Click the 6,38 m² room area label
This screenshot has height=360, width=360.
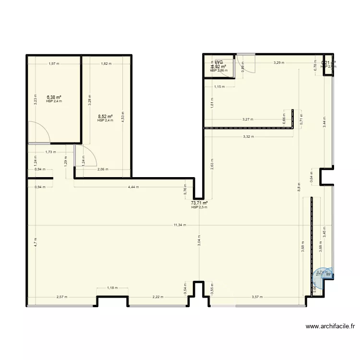point(54,97)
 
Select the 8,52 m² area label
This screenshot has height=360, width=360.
point(105,117)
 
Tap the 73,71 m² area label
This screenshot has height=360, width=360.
point(199,204)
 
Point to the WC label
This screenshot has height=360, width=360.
point(219,62)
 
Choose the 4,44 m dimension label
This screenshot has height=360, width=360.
point(133,187)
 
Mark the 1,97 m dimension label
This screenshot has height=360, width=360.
point(54,63)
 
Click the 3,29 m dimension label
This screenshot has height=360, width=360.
point(279,63)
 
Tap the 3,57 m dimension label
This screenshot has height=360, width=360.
point(258,297)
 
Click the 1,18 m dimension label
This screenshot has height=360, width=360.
point(112,288)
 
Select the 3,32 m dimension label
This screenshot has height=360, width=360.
point(249,137)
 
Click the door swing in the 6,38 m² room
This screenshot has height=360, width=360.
point(37,132)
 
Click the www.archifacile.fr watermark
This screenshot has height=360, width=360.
point(331,326)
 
